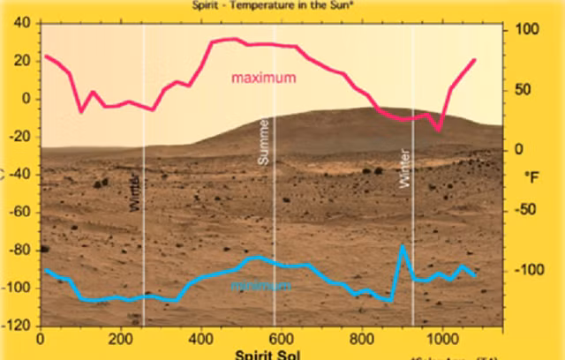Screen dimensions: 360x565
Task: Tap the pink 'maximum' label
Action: coord(263,78)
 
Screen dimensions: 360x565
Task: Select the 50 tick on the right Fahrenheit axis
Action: coord(524,89)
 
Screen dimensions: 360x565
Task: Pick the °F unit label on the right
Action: coord(531,178)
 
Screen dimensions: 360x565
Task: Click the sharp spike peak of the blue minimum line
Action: coord(403,246)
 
